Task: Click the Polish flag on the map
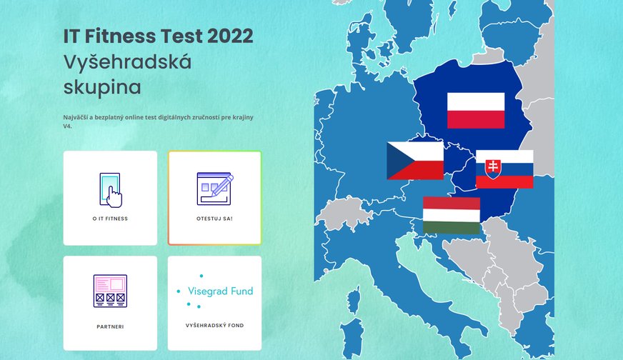pyautogui.click(x=476, y=111)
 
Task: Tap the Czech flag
pyautogui.click(x=415, y=161)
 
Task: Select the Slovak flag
pyautogui.click(x=504, y=169)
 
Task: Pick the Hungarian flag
pyautogui.click(x=452, y=215)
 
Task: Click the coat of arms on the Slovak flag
pyautogui.click(x=493, y=169)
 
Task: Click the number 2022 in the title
pyautogui.click(x=230, y=36)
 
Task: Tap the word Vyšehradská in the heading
pyautogui.click(x=128, y=62)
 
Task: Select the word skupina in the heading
pyautogui.click(x=102, y=87)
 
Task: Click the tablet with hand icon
pyautogui.click(x=111, y=190)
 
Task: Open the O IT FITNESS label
pyautogui.click(x=110, y=219)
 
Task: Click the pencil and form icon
pyautogui.click(x=215, y=189)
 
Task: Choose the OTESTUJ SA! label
pyautogui.click(x=214, y=219)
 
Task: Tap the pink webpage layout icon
pyautogui.click(x=111, y=291)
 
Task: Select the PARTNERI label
pyautogui.click(x=110, y=326)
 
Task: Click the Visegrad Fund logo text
pyautogui.click(x=221, y=291)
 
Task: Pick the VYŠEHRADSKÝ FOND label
pyautogui.click(x=214, y=326)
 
